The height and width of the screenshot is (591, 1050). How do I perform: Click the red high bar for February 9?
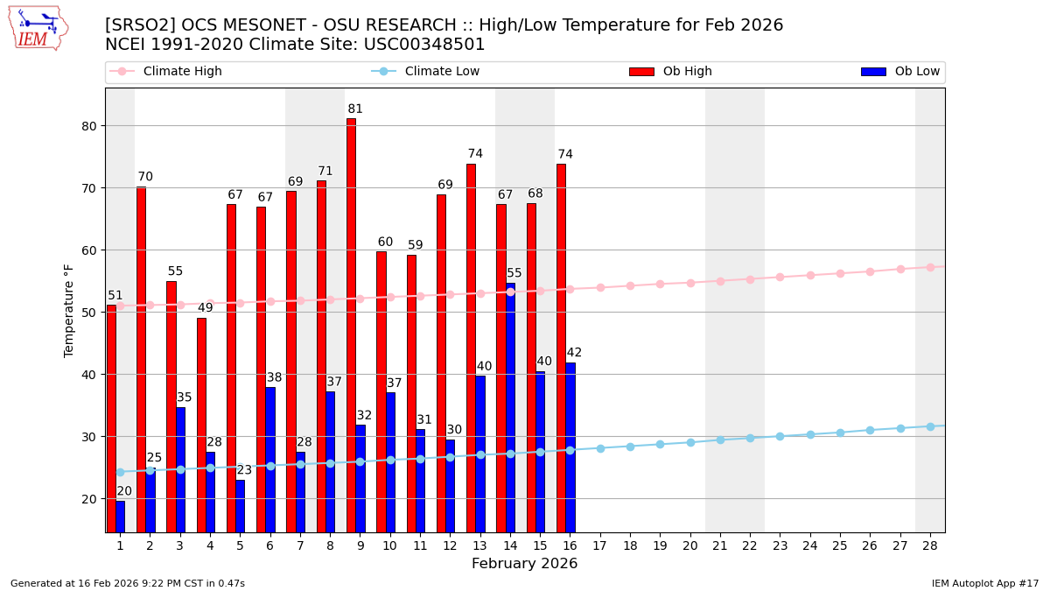(351, 324)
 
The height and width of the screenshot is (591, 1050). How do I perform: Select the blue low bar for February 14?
(510, 407)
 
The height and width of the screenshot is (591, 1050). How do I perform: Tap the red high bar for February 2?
(141, 359)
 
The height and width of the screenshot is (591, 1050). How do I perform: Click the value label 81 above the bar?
(354, 109)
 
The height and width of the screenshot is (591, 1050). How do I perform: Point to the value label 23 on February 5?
(244, 470)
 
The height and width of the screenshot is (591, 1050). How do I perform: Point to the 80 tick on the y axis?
(90, 126)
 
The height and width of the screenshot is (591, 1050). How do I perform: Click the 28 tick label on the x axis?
(929, 545)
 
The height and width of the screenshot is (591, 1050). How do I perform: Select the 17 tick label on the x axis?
(599, 545)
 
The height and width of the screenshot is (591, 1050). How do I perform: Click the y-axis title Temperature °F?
(69, 310)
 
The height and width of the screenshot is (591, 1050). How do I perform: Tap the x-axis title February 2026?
(525, 564)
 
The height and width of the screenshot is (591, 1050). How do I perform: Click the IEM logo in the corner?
(38, 28)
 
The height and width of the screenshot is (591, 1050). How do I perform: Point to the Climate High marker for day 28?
(930, 267)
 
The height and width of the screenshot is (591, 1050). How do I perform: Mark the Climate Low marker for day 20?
(690, 442)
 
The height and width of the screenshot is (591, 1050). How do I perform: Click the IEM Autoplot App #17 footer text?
(984, 583)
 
